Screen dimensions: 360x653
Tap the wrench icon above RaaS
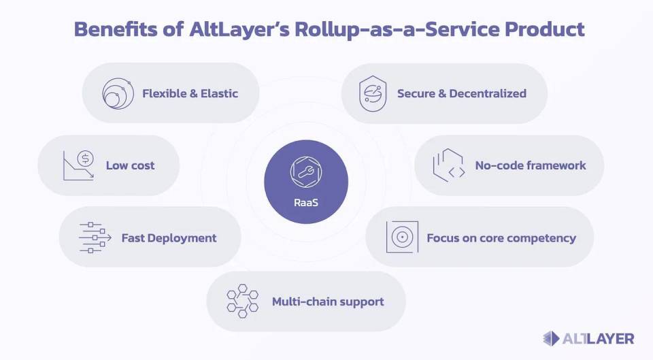(305, 173)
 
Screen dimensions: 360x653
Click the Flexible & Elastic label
(190, 93)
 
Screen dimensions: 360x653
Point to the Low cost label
(130, 165)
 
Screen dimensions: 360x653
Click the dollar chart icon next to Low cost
(78, 165)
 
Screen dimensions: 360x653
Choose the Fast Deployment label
(169, 238)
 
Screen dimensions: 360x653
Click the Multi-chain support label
(328, 301)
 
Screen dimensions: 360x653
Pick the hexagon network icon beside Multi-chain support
(243, 301)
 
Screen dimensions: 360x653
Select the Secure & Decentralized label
(462, 93)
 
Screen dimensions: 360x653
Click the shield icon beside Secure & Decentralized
(372, 94)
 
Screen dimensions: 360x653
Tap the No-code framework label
(531, 165)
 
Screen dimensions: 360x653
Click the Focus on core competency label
(501, 238)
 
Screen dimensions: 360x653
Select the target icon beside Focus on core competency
(402, 238)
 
